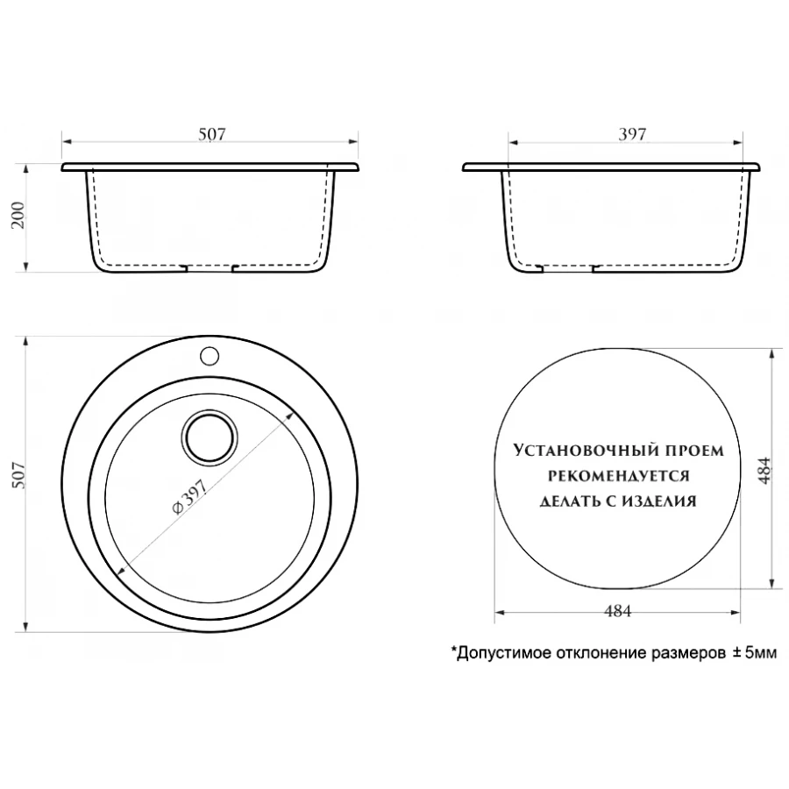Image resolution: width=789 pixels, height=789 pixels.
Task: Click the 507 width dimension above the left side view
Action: point(212,134)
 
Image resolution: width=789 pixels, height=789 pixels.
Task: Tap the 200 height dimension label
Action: point(18,215)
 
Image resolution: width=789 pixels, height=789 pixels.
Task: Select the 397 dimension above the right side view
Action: point(632,134)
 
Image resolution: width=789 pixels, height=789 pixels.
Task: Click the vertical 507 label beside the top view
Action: point(18,475)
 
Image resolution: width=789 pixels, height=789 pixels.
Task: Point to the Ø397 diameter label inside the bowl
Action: point(189,497)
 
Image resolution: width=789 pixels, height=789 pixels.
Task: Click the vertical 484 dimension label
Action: point(764,471)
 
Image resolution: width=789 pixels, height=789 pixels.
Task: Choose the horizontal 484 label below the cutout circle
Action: point(617,610)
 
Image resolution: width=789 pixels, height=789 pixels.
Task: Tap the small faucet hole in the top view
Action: point(210,356)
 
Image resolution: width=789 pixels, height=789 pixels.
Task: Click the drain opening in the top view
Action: point(210,437)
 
